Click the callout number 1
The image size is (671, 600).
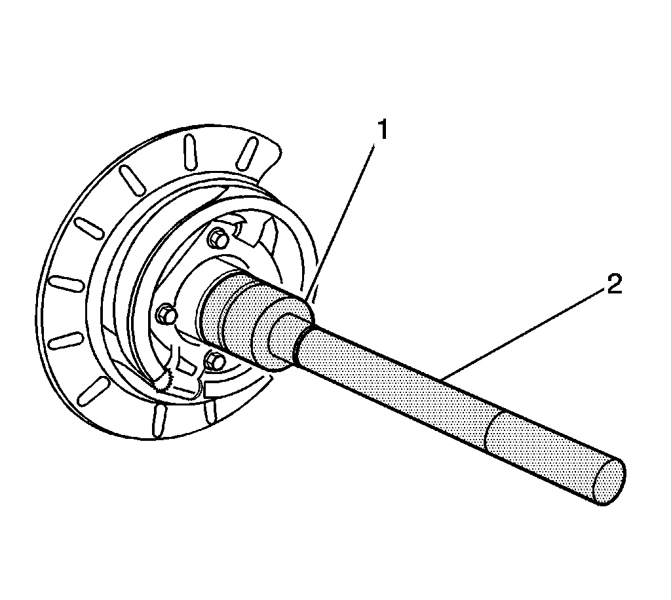click(x=381, y=131)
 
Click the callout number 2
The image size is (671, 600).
click(x=613, y=286)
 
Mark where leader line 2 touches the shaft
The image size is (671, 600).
click(x=440, y=378)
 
